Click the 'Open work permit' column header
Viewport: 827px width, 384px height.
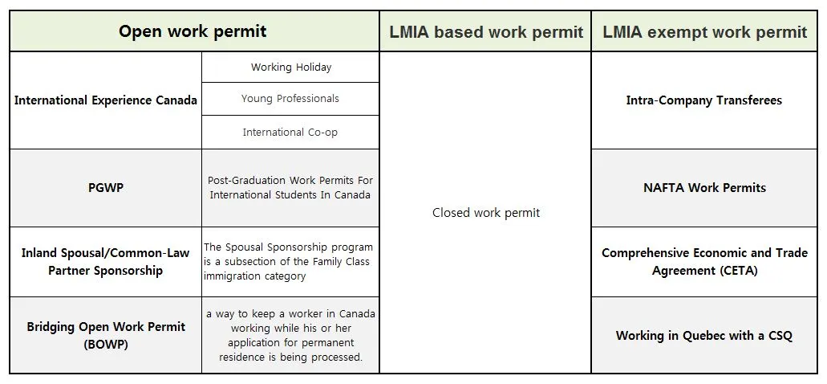[x=193, y=31]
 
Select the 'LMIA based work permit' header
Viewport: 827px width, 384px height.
[x=486, y=32]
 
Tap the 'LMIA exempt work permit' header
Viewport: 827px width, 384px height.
[x=704, y=32]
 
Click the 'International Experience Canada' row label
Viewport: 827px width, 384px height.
[x=105, y=100]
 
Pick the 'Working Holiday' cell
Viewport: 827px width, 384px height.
[x=290, y=67]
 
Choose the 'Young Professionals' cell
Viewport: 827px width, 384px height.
[x=290, y=99]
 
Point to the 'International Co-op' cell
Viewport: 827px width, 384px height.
[x=290, y=133]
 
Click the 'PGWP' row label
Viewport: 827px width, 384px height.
[x=105, y=188]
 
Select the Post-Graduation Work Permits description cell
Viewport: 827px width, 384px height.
[x=290, y=188]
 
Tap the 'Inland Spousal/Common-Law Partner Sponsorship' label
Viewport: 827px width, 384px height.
[x=105, y=262]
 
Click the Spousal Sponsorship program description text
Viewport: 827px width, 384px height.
[x=288, y=262]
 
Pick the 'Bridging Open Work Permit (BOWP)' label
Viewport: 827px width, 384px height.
[x=105, y=335]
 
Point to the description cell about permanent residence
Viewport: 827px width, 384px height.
[x=290, y=335]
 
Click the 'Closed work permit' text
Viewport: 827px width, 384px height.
[x=486, y=213]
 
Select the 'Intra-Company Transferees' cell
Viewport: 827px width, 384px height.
[x=704, y=100]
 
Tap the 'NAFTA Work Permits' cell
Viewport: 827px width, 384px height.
[x=704, y=188]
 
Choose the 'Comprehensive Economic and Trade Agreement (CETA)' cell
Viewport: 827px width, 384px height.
[x=704, y=262]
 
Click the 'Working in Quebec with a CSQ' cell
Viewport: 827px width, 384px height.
[x=704, y=336]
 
